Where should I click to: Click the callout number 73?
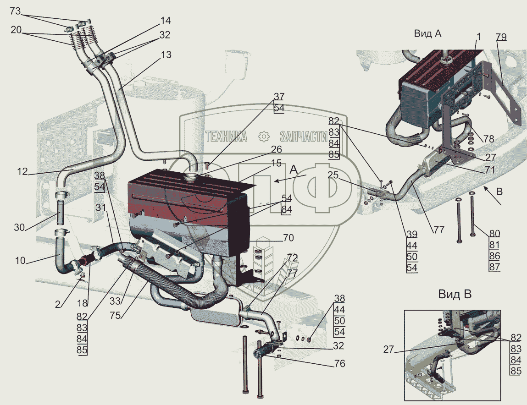15,11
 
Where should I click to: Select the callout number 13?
166,55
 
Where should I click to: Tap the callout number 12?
22,172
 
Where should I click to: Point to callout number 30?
20,227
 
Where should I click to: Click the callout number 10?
20,260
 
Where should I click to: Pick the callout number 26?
276,149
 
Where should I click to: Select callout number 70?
288,238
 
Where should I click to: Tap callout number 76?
340,363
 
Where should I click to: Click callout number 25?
333,175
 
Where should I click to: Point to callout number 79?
501,37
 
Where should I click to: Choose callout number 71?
490,170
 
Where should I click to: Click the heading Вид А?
427,33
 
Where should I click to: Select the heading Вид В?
455,294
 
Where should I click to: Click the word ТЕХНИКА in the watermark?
226,137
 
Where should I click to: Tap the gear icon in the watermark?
264,137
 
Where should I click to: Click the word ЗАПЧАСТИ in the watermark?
304,137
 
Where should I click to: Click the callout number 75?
115,316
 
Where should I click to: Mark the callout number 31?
101,208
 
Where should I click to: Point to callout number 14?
166,21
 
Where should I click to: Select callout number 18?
83,303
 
